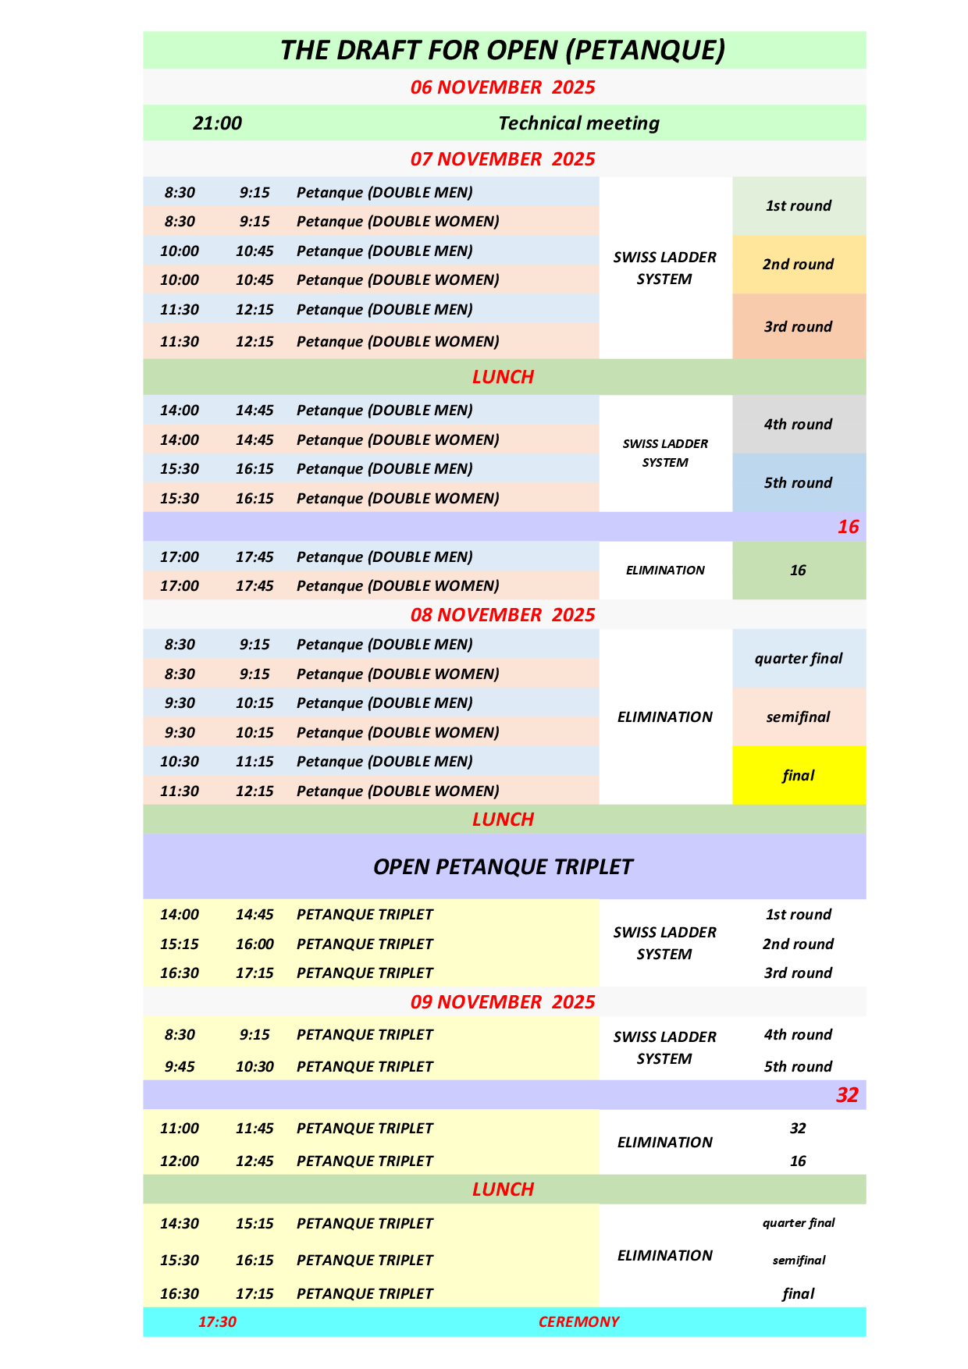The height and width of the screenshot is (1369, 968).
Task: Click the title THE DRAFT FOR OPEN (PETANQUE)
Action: click(503, 50)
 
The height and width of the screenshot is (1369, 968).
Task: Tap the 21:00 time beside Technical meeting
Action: click(217, 123)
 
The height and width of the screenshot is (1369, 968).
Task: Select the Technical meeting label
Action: click(578, 123)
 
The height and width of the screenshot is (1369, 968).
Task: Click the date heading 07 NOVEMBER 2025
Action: click(503, 159)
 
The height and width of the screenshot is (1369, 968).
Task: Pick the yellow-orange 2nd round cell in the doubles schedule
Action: click(798, 265)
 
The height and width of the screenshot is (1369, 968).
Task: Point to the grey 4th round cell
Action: click(798, 425)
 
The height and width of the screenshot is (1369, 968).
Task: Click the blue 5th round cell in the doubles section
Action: click(798, 483)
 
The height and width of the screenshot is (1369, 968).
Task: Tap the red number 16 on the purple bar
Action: click(848, 527)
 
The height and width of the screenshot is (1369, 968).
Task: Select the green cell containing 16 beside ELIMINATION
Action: click(798, 571)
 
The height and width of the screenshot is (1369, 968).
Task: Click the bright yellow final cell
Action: click(798, 776)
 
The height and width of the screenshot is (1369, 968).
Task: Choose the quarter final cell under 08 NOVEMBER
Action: click(798, 659)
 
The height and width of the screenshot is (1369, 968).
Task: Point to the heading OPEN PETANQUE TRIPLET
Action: click(503, 867)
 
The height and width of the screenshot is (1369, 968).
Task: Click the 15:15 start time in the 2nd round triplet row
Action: click(180, 944)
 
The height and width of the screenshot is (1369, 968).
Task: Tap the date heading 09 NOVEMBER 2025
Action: click(503, 1002)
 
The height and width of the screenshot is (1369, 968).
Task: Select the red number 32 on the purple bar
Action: click(847, 1095)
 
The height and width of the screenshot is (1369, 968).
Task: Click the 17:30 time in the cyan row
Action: click(217, 1322)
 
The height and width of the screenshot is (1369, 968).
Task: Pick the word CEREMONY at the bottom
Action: click(578, 1322)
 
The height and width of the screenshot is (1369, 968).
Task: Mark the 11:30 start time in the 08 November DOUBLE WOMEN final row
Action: click(180, 791)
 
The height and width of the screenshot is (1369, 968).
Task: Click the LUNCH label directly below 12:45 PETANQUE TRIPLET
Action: click(503, 1189)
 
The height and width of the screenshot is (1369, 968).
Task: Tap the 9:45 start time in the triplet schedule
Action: click(180, 1067)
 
